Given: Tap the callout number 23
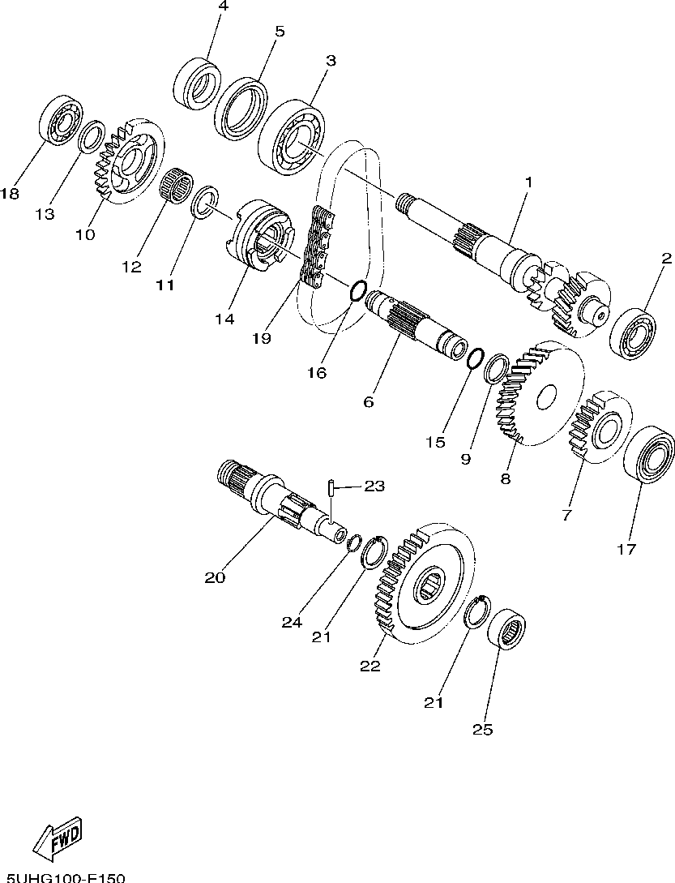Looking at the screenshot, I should (x=374, y=487).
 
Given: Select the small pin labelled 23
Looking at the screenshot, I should (x=332, y=489).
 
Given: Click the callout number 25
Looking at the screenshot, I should (x=483, y=728).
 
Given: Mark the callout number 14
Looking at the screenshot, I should (x=225, y=319).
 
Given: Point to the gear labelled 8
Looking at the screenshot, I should (x=541, y=394).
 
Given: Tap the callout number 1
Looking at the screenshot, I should (x=528, y=183).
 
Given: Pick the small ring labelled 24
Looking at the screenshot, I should (x=355, y=542).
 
